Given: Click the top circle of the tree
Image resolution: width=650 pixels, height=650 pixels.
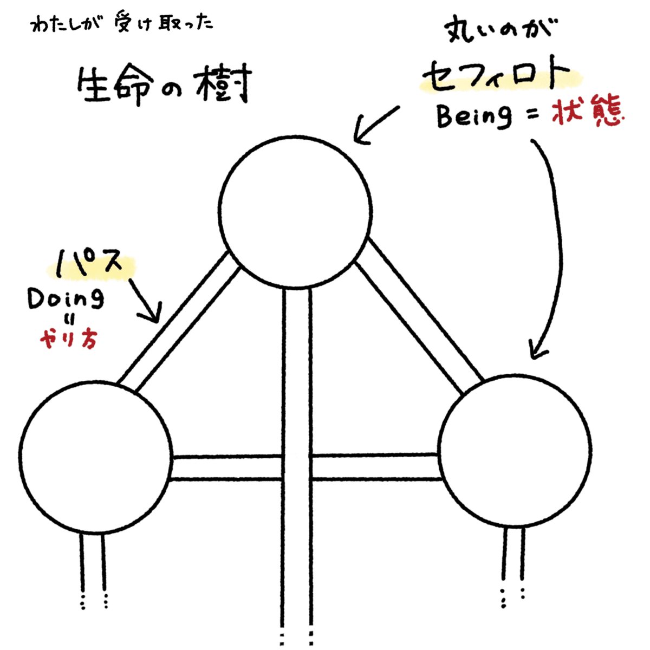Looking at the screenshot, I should (x=296, y=211).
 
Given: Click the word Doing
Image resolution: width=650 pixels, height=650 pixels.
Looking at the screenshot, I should (x=66, y=300).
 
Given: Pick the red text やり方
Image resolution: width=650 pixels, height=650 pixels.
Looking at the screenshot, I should (x=68, y=340).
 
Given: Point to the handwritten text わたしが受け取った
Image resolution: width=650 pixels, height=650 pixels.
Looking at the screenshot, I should (x=122, y=24).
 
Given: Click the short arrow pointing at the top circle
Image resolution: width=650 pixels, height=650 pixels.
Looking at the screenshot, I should (x=376, y=125).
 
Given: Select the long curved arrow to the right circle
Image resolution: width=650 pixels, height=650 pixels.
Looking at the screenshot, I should (x=552, y=244).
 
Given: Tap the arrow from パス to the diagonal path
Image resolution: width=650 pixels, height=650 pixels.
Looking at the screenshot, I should (x=144, y=298).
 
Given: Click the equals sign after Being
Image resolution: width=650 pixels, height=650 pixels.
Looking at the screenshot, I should (x=532, y=115).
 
